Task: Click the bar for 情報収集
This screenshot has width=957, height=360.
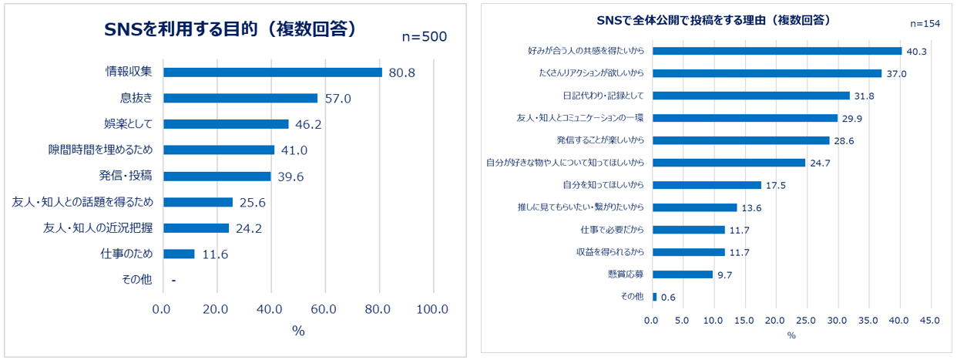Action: point(273,72)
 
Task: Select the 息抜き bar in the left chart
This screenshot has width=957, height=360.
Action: point(240,98)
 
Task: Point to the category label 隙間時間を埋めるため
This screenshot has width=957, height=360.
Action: point(100,150)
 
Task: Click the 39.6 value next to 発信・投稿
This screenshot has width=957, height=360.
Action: point(290,177)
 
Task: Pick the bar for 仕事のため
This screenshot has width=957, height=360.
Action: point(179,254)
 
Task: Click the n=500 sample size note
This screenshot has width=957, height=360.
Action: point(425,37)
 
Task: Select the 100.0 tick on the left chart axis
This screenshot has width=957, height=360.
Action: point(432,309)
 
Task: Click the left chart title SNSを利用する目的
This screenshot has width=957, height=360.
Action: point(231,29)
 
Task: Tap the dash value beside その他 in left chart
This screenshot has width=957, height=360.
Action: point(173,281)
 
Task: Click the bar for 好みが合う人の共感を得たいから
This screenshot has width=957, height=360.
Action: point(777,52)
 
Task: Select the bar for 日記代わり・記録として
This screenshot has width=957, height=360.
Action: point(750,96)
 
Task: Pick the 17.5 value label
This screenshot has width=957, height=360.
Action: point(775,186)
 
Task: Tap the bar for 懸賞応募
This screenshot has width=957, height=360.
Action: point(682,274)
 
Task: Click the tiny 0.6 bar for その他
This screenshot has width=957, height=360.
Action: point(655,297)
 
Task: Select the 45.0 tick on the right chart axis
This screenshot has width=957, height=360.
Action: point(930,320)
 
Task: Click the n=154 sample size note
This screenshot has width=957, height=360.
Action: point(925,23)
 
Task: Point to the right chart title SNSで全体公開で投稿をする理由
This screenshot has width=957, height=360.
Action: point(718,19)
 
